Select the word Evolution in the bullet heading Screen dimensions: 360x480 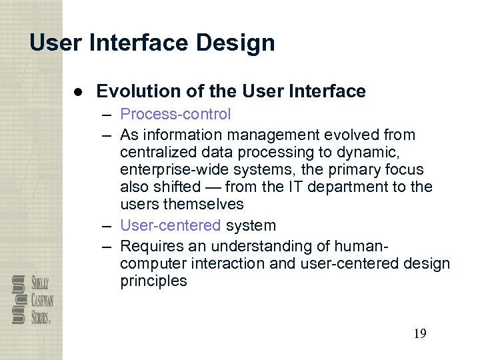coord(132,91)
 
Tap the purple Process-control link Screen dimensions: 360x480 coord(175,115)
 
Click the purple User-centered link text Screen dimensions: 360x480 coord(170,226)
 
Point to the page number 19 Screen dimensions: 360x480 coord(419,333)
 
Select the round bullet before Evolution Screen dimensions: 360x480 coord(79,92)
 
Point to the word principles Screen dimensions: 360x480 coord(153,281)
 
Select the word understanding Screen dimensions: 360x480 coord(283,246)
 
